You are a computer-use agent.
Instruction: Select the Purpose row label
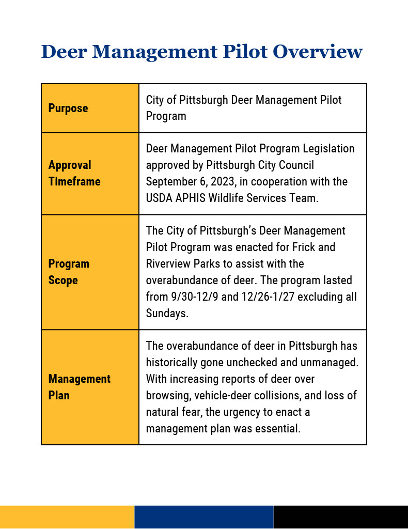68,108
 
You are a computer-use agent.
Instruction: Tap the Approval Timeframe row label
74,173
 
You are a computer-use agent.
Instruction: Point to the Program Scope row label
69,272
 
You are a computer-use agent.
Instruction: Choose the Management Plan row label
79,387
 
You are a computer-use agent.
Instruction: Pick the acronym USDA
160,198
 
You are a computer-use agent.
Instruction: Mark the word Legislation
328,149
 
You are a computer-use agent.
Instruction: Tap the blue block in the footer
203,517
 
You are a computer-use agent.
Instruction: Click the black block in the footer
340,517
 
